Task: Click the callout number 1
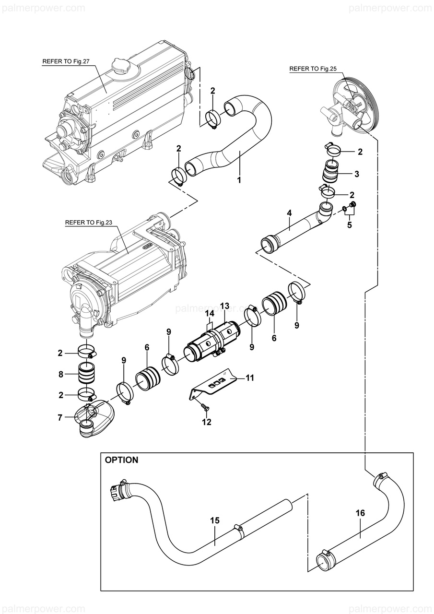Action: (239, 180)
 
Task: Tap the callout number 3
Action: (356, 174)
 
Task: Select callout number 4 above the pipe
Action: (289, 213)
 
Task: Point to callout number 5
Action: (349, 225)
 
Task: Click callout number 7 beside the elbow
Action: (60, 418)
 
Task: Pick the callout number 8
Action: (61, 374)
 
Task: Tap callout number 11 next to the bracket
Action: (249, 378)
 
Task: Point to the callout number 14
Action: (210, 313)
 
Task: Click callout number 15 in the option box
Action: (215, 520)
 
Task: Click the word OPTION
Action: (121, 460)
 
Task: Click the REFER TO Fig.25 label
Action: (313, 69)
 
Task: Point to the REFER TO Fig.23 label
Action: (89, 223)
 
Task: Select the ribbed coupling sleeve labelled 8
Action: (87, 374)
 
